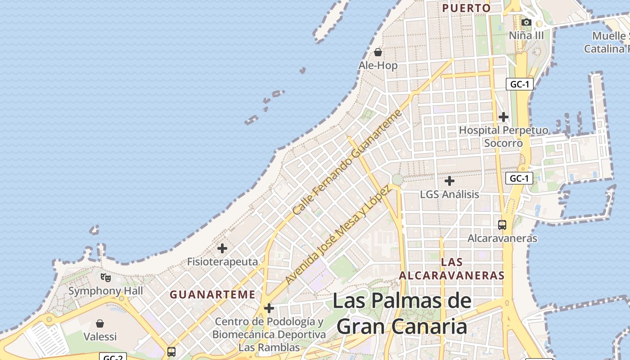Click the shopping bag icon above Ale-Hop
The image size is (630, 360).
(378, 52)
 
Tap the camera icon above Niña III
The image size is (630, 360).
(526, 22)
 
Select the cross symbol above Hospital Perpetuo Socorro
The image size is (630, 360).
(504, 117)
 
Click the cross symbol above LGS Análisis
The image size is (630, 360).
(449, 181)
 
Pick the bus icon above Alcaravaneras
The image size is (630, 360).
(502, 225)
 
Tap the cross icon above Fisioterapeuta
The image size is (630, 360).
(222, 248)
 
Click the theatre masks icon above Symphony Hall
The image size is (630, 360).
(105, 277)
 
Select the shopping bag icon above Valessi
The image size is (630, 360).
(100, 323)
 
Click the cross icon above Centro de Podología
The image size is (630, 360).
(269, 308)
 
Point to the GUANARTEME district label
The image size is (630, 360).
(212, 295)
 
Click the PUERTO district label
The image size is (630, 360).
(466, 8)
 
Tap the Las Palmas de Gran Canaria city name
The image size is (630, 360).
(402, 314)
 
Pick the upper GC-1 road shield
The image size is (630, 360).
(519, 84)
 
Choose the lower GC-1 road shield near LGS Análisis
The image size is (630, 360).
(519, 178)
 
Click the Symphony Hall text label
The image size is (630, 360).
(106, 291)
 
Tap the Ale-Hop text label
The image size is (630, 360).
(378, 66)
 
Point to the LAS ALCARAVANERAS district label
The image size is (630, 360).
(452, 269)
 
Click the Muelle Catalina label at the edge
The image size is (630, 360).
(607, 42)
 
